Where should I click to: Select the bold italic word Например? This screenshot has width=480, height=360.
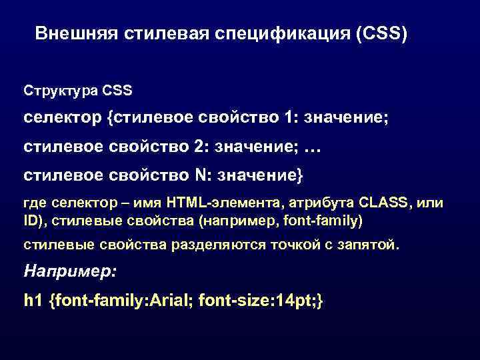click(x=70, y=271)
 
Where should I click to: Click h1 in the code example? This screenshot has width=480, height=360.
click(x=32, y=301)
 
